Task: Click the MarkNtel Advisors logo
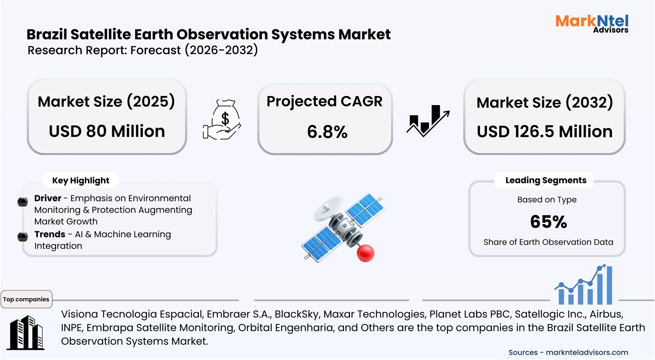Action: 592,24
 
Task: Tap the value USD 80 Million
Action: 107,131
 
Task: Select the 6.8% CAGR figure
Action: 327,132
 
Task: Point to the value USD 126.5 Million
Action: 545,132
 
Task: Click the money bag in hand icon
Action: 223,120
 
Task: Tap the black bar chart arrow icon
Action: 428,120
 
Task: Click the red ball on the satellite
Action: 365,253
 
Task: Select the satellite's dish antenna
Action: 327,208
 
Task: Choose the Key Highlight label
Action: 81,181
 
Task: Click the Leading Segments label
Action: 546,180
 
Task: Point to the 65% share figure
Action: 548,222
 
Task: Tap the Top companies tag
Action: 26,299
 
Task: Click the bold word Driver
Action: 48,198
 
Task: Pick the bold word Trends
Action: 50,234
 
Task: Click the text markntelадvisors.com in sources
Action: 587,352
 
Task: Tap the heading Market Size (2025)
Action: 106,102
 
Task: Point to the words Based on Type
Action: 547,200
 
